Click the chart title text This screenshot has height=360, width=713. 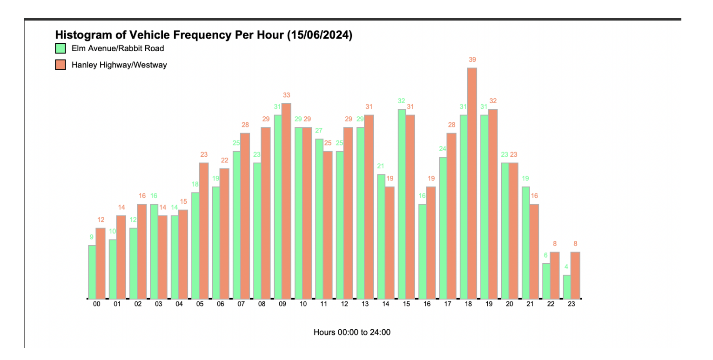(x=203, y=35)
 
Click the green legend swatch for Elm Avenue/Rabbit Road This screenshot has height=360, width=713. (x=61, y=48)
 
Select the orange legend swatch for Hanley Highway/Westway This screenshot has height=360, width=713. (x=61, y=65)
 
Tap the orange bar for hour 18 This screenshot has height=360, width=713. (x=472, y=183)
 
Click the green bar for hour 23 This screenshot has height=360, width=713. (x=567, y=287)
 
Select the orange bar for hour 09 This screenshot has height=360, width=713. (x=286, y=201)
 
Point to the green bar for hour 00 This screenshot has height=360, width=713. (x=92, y=272)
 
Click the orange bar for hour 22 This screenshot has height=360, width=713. (x=554, y=275)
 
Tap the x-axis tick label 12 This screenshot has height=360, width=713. (x=344, y=304)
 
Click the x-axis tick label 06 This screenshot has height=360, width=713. (x=221, y=304)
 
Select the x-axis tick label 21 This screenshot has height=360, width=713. (x=530, y=304)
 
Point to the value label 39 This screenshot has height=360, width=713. (x=472, y=60)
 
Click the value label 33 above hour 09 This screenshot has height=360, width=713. (x=287, y=95)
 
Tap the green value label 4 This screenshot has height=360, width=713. (x=566, y=267)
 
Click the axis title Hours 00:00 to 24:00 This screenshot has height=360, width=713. (x=352, y=333)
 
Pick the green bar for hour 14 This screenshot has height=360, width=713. (x=381, y=236)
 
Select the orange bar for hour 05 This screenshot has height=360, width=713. (x=203, y=231)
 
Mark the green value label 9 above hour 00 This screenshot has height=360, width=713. (x=92, y=237)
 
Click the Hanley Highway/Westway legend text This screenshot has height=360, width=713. (x=119, y=65)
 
